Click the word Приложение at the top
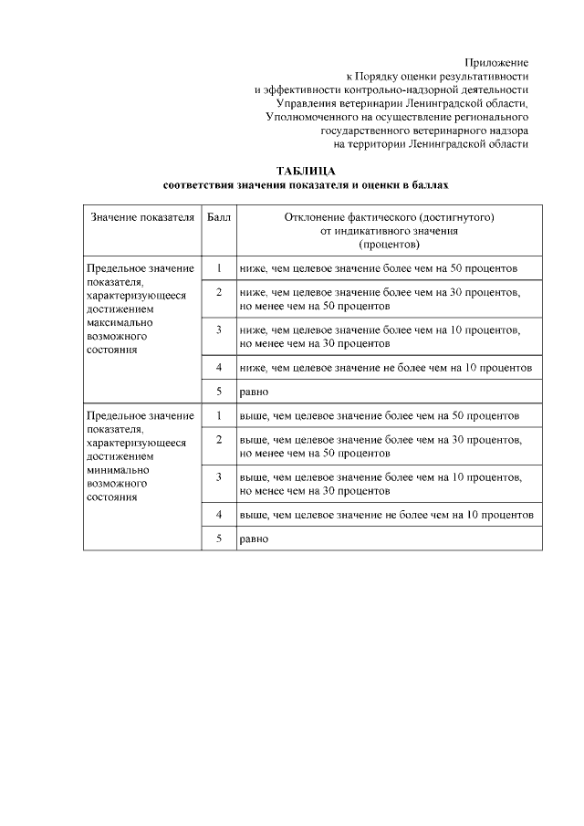(x=496, y=61)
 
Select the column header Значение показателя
(x=141, y=219)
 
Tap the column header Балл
(x=219, y=219)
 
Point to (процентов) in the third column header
(x=389, y=246)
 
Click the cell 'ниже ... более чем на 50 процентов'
(x=379, y=269)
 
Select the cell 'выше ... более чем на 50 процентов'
(x=380, y=416)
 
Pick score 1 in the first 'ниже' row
(x=219, y=268)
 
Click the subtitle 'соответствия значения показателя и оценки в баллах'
(x=306, y=185)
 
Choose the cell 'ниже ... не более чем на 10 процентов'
(x=385, y=368)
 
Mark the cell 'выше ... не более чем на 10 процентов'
(x=386, y=515)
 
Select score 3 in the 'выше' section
(x=219, y=476)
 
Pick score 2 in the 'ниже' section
(x=219, y=292)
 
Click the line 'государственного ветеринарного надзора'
(x=425, y=131)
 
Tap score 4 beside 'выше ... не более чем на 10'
(x=219, y=514)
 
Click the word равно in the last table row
(x=254, y=539)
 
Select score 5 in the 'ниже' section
(x=219, y=392)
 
